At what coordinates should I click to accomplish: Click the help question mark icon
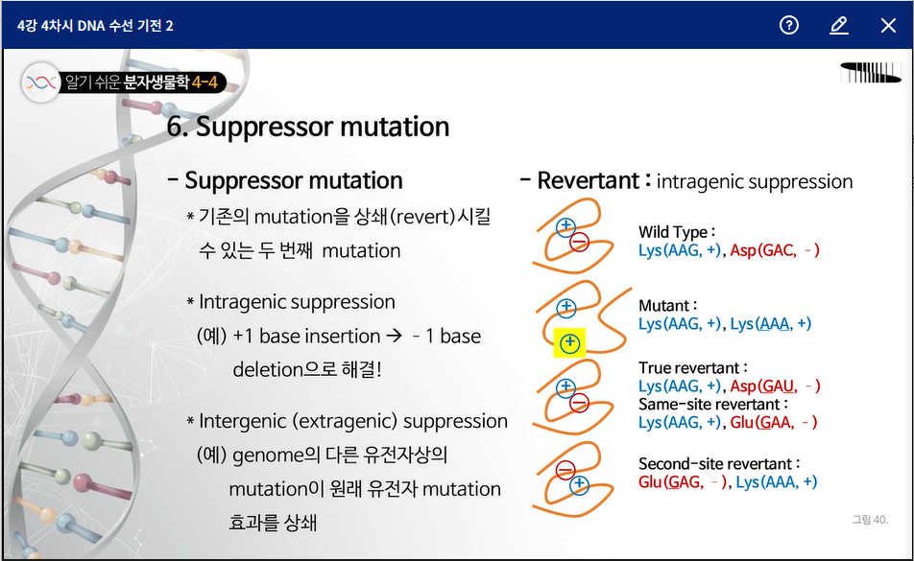click(x=788, y=25)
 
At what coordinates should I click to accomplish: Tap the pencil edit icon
click(x=839, y=25)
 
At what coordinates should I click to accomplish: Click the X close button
click(x=888, y=25)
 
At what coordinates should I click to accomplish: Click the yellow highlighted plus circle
click(x=569, y=343)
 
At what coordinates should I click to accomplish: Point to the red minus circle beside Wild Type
click(x=579, y=242)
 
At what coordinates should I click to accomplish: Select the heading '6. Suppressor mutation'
click(x=308, y=127)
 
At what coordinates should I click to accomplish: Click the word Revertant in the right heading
click(x=588, y=180)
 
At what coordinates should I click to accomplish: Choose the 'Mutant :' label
click(x=668, y=306)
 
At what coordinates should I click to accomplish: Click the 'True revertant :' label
click(x=693, y=368)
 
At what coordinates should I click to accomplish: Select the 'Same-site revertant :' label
click(x=713, y=404)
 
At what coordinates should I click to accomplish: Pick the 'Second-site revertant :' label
click(x=719, y=464)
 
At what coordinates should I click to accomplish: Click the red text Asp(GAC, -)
click(x=775, y=250)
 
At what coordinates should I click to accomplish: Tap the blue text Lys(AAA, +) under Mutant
click(x=771, y=323)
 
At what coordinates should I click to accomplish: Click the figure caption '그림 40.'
click(x=870, y=519)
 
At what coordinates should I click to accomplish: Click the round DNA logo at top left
click(x=40, y=82)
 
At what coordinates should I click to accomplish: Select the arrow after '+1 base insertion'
click(x=394, y=336)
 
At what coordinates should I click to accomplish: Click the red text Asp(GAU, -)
click(x=776, y=386)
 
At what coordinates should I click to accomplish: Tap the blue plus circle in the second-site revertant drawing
click(x=579, y=484)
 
